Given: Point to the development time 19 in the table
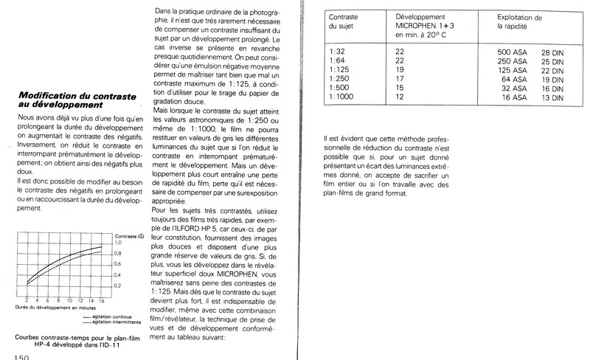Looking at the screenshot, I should [400, 71].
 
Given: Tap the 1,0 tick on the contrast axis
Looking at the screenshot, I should [117, 241].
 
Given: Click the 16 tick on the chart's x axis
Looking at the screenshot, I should [102, 301].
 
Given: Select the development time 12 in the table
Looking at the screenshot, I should [400, 97].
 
